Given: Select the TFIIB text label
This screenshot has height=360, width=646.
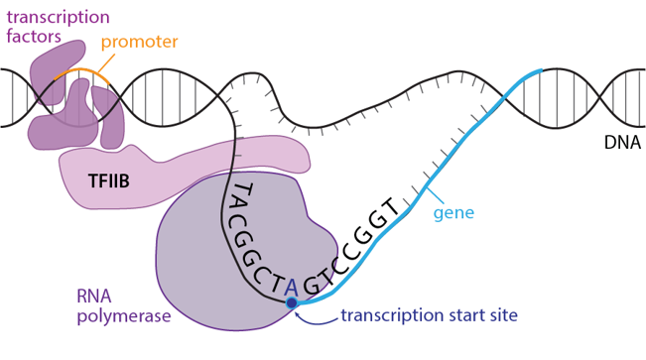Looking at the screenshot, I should click(x=109, y=181).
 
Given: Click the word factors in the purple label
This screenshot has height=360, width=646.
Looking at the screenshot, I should click(x=32, y=37).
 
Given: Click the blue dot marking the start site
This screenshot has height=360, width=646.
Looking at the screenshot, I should click(x=292, y=302).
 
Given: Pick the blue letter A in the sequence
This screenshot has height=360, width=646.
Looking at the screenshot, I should click(x=291, y=286).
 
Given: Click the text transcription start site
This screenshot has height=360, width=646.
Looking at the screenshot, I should click(x=429, y=316).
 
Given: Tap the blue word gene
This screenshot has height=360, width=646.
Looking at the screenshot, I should click(x=453, y=212).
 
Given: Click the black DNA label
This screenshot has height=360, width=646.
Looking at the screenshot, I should click(x=622, y=143).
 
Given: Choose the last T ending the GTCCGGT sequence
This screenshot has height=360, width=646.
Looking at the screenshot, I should click(x=390, y=208).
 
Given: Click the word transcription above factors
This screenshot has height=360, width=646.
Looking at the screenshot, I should click(x=58, y=17).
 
